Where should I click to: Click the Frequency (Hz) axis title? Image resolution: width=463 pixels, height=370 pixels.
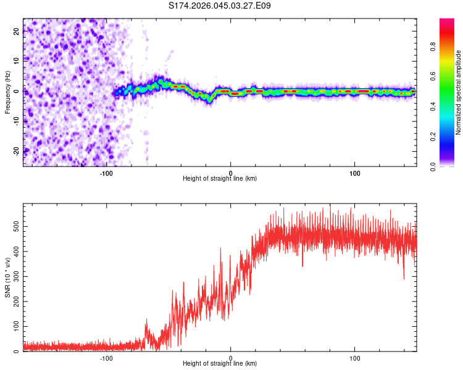click(x=7, y=92)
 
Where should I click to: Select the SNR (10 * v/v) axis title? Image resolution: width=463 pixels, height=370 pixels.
click(x=7, y=277)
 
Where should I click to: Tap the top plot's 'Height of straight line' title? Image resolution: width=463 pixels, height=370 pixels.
click(x=220, y=178)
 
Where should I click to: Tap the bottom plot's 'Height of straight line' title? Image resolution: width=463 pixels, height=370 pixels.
click(x=220, y=363)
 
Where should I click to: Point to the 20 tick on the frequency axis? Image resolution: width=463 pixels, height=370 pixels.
click(x=17, y=32)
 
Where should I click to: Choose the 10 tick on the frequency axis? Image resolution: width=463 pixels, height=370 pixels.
click(x=17, y=62)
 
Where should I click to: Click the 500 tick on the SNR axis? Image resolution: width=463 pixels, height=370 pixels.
click(x=14, y=226)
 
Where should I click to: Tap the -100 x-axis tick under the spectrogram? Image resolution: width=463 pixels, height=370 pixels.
click(x=106, y=172)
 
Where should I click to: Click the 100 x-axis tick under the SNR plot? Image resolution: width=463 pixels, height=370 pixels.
click(x=355, y=357)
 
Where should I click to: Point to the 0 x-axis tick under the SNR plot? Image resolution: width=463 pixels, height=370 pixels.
click(x=231, y=357)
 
